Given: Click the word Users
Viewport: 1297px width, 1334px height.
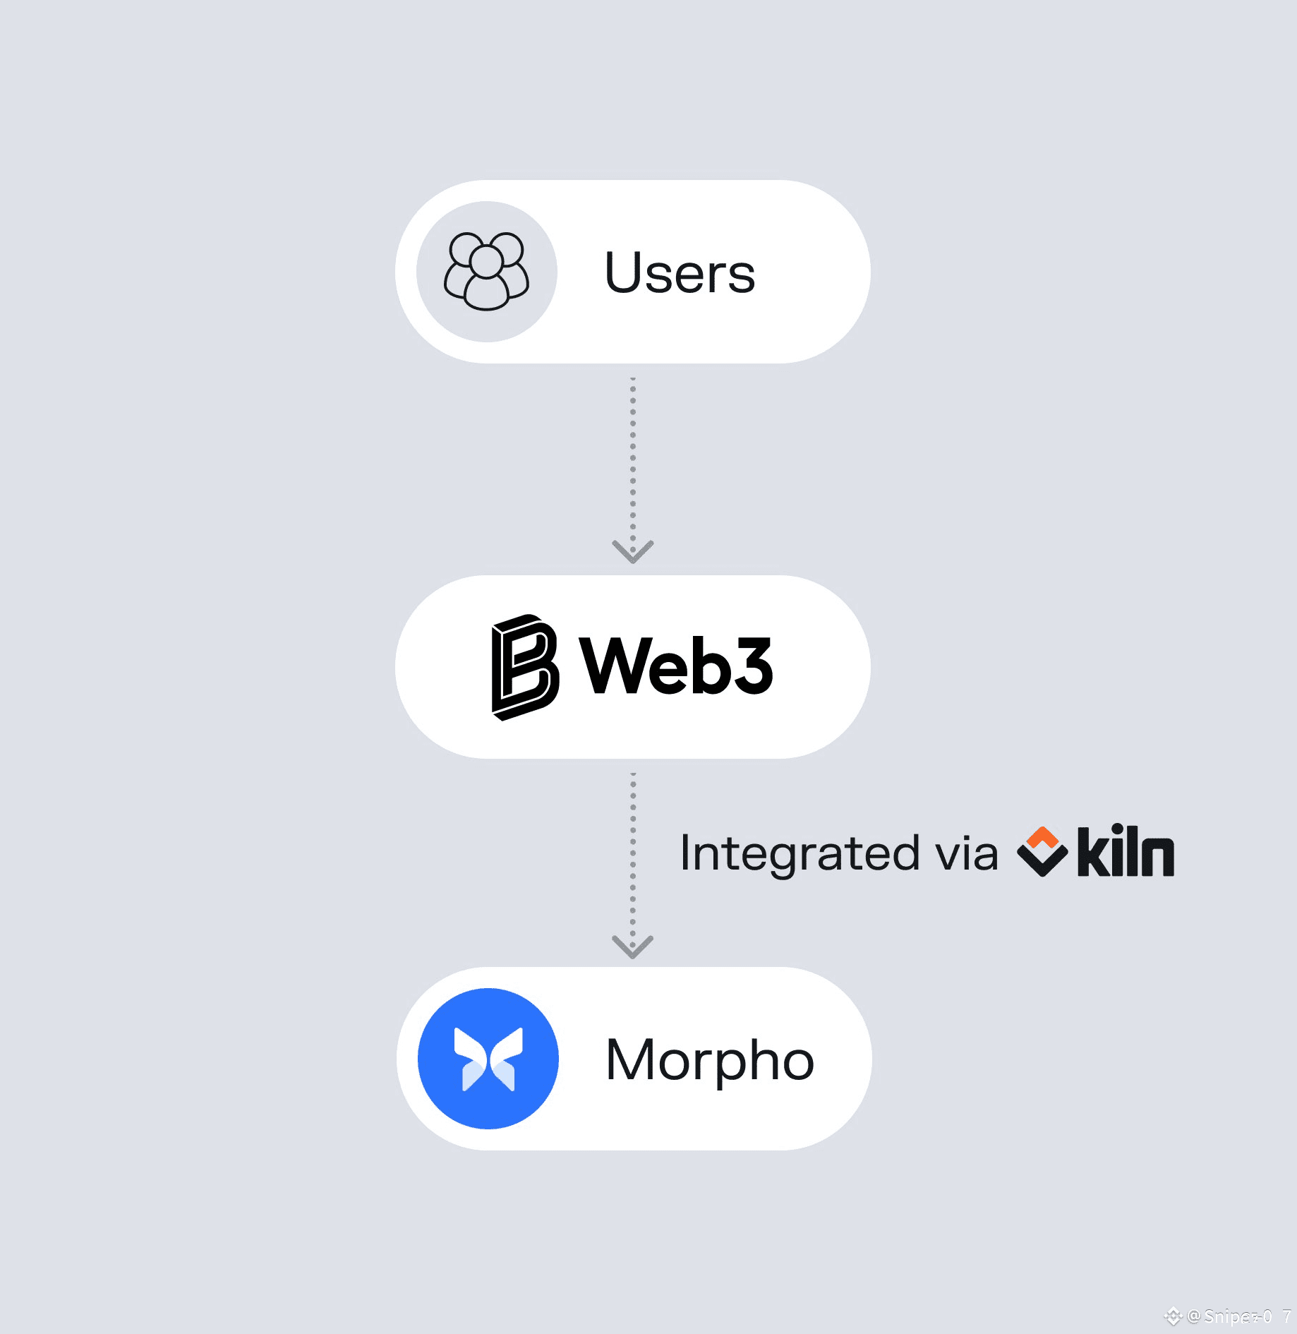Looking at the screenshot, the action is point(680,273).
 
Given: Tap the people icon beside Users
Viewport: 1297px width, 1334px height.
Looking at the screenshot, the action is point(486,272).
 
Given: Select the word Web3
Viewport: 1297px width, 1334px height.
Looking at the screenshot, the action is point(676,666).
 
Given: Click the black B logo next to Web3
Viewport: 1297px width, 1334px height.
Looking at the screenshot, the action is point(524,667).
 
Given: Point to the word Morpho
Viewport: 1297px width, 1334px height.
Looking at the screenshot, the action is point(709,1060).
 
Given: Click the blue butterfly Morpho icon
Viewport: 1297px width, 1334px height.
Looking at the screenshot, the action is point(488,1059).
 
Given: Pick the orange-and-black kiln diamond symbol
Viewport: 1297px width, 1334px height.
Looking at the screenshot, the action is point(1042,851).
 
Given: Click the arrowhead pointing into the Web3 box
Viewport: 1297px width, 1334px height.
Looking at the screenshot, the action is point(633,551).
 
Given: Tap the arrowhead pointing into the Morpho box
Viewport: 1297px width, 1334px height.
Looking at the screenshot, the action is point(633,947).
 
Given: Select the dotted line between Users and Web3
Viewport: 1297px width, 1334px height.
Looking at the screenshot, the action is point(633,459).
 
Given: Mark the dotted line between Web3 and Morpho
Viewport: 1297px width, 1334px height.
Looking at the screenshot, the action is point(633,854).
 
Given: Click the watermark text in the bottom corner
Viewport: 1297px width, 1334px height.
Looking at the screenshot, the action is point(1238,1316).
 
